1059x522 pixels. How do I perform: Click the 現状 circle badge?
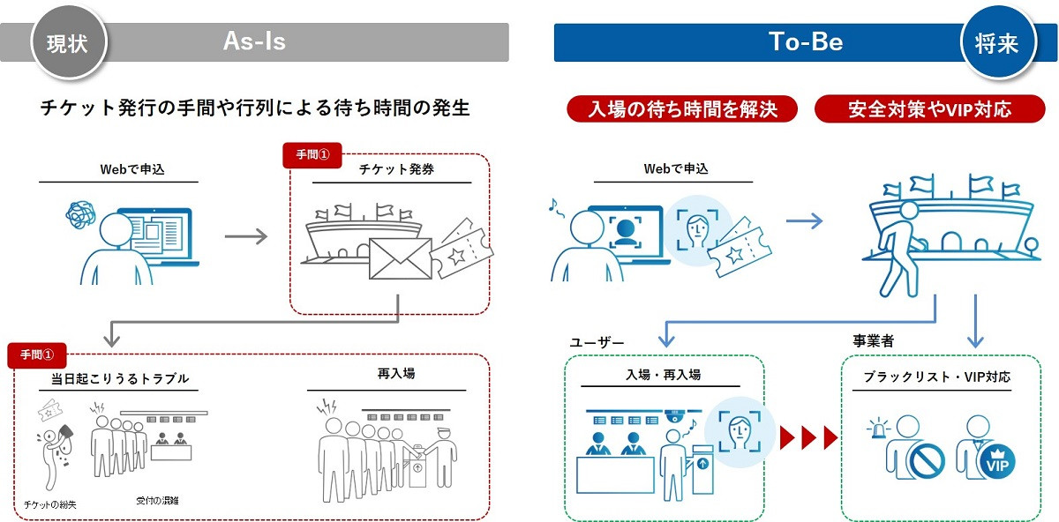(67, 42)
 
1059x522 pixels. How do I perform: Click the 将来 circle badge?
(996, 42)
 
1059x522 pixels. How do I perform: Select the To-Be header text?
(805, 42)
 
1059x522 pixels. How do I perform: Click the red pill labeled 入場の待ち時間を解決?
(682, 109)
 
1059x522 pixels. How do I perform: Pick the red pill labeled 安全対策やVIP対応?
(929, 109)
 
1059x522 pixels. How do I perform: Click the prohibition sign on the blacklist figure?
(926, 459)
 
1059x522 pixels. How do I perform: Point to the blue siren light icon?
(879, 429)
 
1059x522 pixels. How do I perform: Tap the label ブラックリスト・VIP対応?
(936, 376)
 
